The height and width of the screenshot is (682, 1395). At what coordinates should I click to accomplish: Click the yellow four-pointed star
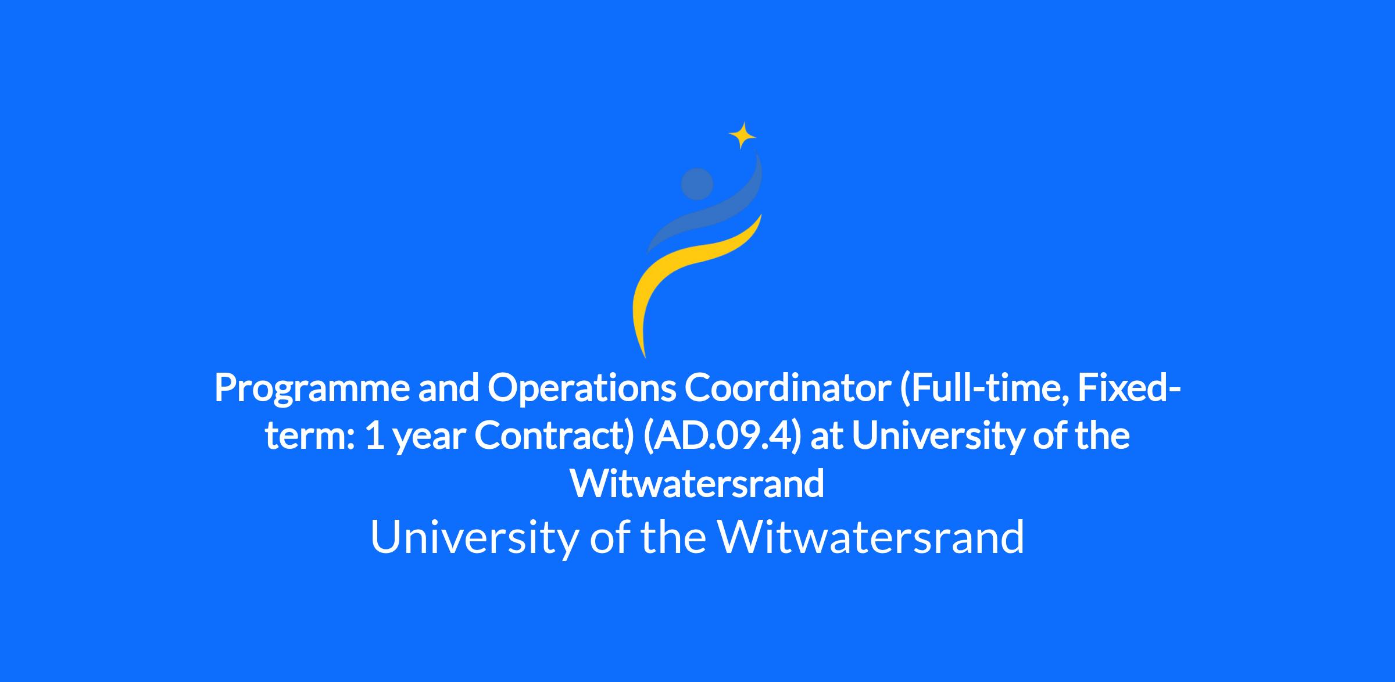742,136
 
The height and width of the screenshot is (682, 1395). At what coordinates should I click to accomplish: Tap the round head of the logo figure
697,184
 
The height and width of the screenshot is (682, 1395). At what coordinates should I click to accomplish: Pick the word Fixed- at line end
1129,388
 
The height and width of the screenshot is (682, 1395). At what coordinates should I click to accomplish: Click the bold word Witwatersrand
697,483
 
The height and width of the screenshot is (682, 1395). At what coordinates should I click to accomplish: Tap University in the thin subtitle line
474,537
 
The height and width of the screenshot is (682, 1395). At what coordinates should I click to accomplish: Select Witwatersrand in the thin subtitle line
871,535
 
